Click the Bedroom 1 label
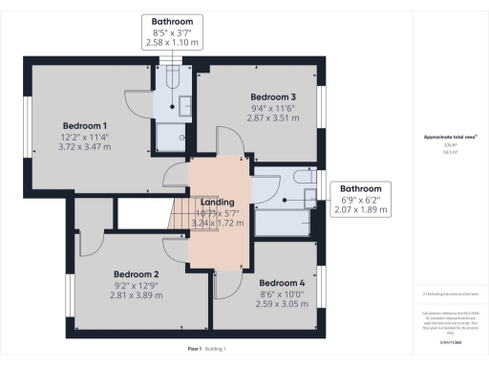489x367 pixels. [x=85, y=125]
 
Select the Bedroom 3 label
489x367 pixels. [x=273, y=97]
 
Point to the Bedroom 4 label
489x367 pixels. [x=282, y=283]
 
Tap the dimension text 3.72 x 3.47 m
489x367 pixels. [x=85, y=147]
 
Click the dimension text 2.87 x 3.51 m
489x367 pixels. [x=273, y=119]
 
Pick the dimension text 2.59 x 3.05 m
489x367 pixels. [x=282, y=305]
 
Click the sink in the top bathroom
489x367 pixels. [x=186, y=104]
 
